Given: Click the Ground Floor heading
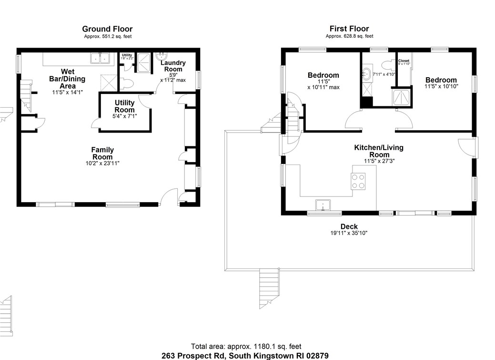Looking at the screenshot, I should (107, 29).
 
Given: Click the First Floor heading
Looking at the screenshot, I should (349, 29).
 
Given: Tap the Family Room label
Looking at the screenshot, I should (102, 153).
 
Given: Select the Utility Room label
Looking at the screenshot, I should (124, 106).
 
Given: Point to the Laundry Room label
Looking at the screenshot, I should (172, 66).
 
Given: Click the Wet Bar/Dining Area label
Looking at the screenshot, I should (67, 79).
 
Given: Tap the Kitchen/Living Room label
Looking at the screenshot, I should (378, 151).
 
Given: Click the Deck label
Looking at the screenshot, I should (349, 226).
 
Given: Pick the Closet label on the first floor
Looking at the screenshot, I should (404, 61).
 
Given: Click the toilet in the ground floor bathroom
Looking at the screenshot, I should (127, 83).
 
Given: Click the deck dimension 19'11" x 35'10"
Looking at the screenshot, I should (349, 233).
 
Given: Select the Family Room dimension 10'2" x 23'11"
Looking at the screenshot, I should (102, 163).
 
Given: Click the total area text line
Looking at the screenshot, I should (246, 347).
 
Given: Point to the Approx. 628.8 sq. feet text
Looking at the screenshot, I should (349, 36).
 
